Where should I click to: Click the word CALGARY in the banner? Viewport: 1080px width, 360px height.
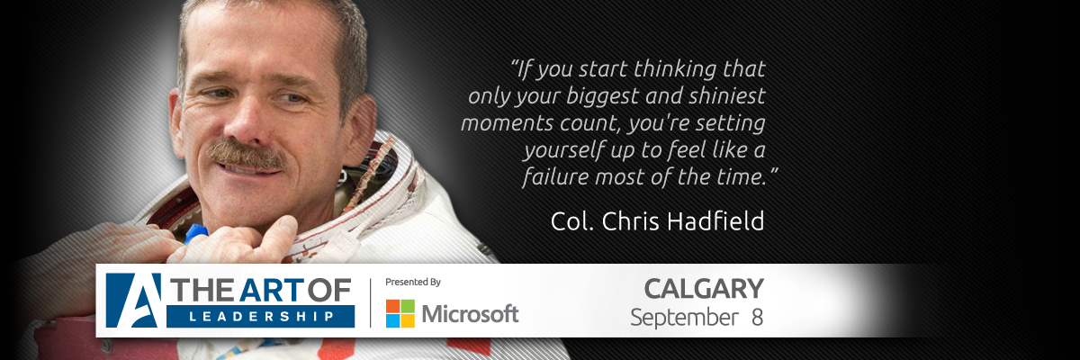point(704,289)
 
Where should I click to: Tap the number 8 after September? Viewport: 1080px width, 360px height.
point(757,318)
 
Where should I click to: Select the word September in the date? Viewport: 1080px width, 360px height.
point(684,319)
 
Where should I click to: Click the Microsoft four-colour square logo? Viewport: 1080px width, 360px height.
point(400,314)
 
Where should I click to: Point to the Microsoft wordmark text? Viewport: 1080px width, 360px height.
point(470,314)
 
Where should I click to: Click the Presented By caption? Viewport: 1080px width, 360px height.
point(413,282)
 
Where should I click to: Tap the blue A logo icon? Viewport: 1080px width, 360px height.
point(133,301)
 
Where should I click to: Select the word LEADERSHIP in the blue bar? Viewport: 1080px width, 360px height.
point(262,317)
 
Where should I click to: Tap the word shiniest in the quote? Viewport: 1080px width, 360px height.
point(727,96)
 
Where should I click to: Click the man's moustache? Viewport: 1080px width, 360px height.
point(247,155)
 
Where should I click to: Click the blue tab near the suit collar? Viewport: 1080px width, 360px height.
point(196,234)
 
